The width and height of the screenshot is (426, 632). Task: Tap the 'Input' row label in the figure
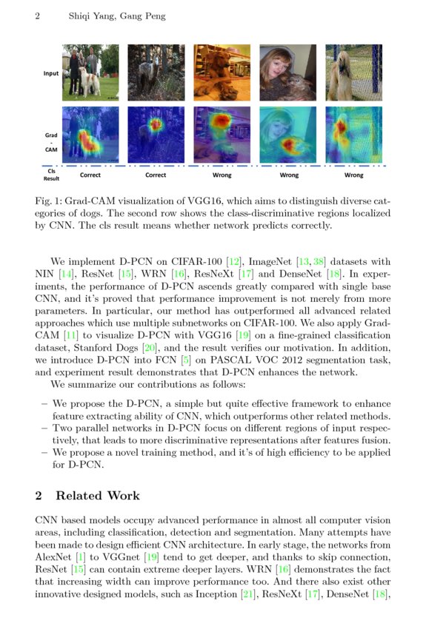(x=50, y=73)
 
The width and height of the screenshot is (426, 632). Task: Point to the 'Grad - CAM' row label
(x=50, y=141)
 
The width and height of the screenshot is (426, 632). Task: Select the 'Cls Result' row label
(x=50, y=174)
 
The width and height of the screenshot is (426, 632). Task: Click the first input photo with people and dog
(x=90, y=73)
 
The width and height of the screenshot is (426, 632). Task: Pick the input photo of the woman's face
(x=287, y=73)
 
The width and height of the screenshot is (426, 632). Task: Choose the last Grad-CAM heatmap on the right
(x=353, y=134)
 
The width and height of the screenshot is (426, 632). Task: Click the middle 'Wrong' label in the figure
(x=288, y=175)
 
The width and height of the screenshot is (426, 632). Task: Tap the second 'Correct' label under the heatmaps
(x=156, y=175)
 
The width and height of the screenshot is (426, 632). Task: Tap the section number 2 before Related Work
(x=39, y=495)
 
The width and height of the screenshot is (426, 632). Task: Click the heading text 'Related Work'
(x=98, y=495)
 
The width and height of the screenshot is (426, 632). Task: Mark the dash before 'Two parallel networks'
(x=45, y=428)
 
